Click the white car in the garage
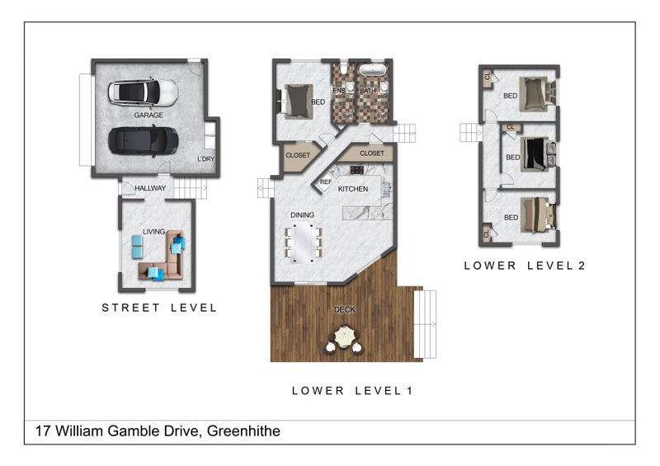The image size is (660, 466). [143, 92]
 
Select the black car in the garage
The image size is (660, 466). [143, 141]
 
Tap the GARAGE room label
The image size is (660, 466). [148, 115]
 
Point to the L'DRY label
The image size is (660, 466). [205, 158]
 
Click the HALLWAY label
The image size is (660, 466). [150, 188]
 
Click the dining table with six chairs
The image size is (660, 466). [304, 242]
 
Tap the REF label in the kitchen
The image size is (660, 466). [326, 181]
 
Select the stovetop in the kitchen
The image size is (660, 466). [357, 169]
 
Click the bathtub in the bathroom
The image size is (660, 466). [372, 70]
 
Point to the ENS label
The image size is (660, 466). [339, 91]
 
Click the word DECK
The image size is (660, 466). [344, 309]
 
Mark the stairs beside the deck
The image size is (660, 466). [425, 324]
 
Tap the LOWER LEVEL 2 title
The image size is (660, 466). [525, 266]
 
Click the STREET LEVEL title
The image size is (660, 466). [159, 308]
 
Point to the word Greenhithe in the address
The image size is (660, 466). [243, 431]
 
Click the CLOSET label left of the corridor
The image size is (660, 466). [298, 155]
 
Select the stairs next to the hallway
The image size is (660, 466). [191, 188]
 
